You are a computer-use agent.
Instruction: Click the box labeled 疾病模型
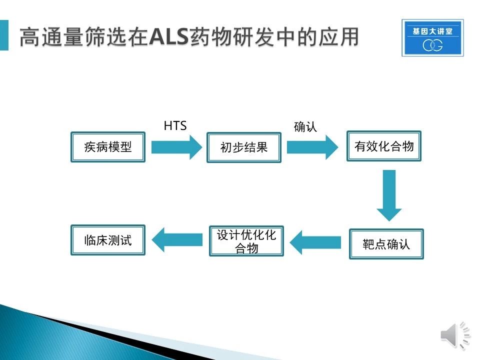click(108, 147)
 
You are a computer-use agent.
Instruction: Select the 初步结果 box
click(244, 147)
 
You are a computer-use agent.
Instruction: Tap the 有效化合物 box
click(384, 146)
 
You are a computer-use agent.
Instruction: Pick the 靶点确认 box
click(386, 244)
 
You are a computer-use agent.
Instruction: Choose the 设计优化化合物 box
click(246, 241)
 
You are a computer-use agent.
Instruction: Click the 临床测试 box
click(108, 240)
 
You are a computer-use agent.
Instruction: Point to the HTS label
click(175, 126)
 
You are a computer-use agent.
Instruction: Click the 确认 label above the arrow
click(305, 126)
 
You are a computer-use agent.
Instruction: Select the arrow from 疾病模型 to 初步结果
click(176, 147)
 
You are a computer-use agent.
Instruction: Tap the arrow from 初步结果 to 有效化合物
click(312, 147)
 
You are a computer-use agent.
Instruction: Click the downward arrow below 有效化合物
click(389, 195)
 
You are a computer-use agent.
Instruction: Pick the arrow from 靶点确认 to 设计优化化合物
click(315, 242)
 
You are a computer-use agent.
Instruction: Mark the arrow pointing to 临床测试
click(177, 239)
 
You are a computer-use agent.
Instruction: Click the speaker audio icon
click(455, 335)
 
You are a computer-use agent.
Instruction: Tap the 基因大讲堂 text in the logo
click(432, 31)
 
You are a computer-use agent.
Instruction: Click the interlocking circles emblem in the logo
click(432, 45)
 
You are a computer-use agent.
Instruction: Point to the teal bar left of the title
click(4, 35)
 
